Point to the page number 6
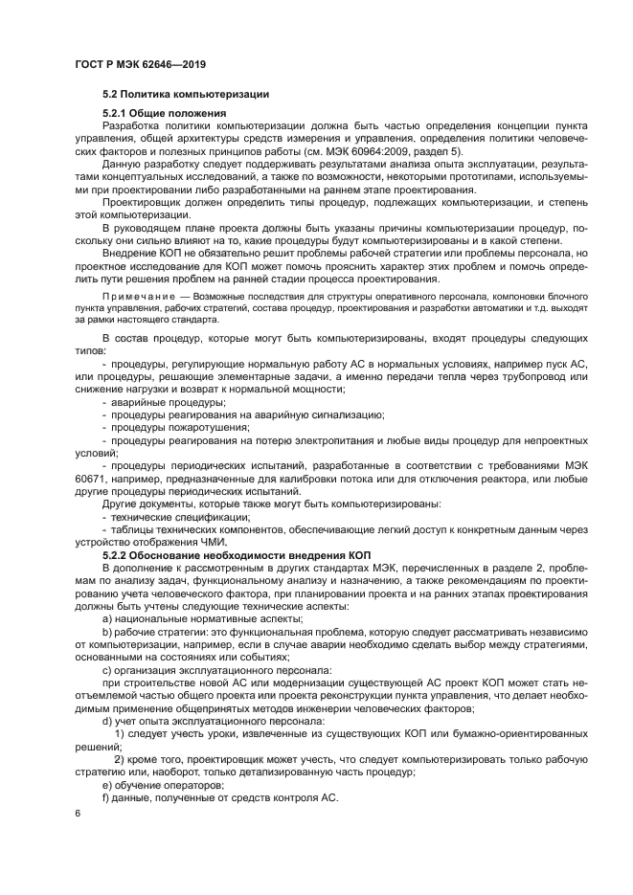pyautogui.click(x=79, y=813)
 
